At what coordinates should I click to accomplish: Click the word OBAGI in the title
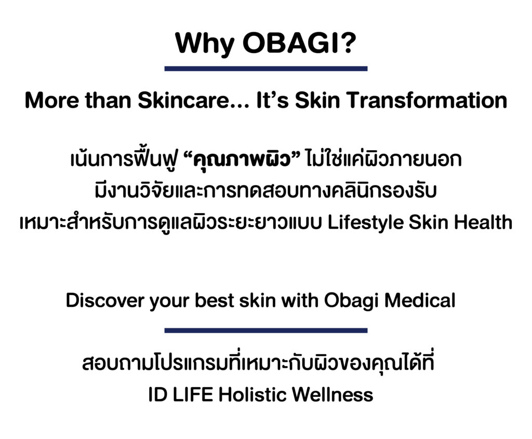[291, 43]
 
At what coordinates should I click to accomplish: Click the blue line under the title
[265, 69]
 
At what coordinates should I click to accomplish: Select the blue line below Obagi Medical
[265, 330]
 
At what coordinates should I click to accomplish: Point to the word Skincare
[183, 100]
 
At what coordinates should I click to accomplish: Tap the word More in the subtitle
[52, 101]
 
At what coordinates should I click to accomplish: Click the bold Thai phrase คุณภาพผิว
[242, 159]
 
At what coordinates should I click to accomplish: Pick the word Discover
[105, 301]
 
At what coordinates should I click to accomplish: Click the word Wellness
[332, 394]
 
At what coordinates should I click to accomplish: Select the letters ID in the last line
[158, 394]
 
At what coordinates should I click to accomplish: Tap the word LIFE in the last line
[193, 394]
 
